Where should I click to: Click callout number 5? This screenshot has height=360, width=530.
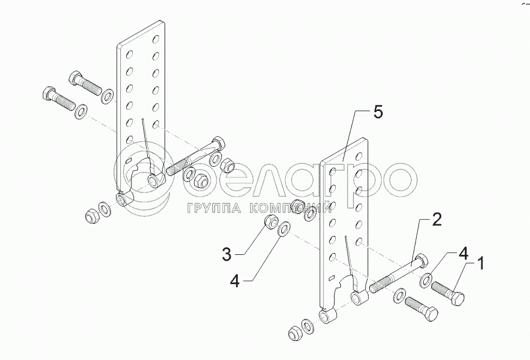[x=378, y=112]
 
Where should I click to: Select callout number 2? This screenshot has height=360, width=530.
[x=437, y=219]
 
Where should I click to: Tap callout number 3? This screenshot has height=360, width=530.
[x=227, y=254]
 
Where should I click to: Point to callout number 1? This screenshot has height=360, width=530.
[x=480, y=263]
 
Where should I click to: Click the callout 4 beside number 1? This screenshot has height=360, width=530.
[x=463, y=253]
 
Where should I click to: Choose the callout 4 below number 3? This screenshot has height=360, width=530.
[x=235, y=281]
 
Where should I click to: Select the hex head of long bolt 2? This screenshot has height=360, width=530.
[x=420, y=261]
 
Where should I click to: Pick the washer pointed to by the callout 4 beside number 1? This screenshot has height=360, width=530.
[x=426, y=280]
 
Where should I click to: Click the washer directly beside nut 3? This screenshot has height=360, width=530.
[x=284, y=228]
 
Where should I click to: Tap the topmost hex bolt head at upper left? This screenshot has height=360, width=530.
[x=75, y=78]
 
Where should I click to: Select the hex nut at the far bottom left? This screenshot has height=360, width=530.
[x=91, y=216]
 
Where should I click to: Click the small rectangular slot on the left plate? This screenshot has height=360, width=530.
[x=128, y=160]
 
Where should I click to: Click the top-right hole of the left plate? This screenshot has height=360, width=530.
[x=156, y=39]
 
